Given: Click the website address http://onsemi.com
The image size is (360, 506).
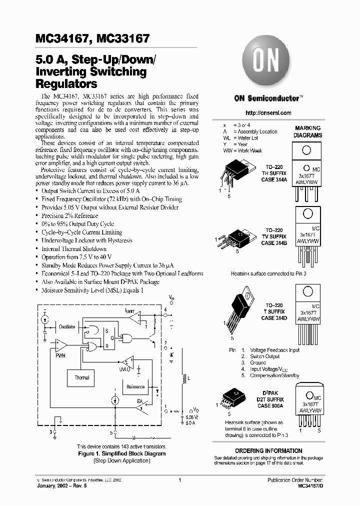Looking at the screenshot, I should point(269,113).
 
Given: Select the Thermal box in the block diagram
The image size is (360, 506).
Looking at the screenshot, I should point(82,378).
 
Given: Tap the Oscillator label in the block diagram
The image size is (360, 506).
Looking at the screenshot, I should point(67,326).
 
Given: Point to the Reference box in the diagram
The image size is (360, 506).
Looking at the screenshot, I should point(135,386).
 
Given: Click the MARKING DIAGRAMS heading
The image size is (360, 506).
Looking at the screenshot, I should point(308,132).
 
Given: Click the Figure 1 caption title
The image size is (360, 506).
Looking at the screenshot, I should point(122,453).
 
